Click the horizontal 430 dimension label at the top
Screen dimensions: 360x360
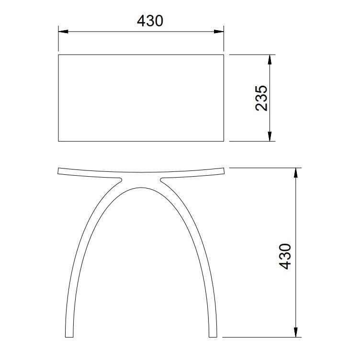150,21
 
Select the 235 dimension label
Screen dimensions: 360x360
261,98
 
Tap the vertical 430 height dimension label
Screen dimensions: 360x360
285,256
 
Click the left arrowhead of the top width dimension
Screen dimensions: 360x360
63,32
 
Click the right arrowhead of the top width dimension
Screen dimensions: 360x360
219,32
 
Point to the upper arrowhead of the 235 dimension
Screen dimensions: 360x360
270,60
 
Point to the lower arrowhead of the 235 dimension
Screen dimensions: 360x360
270,136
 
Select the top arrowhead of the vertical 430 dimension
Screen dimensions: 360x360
296,173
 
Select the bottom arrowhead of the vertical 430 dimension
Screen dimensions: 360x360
296,332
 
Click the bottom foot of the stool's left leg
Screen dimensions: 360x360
69,336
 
